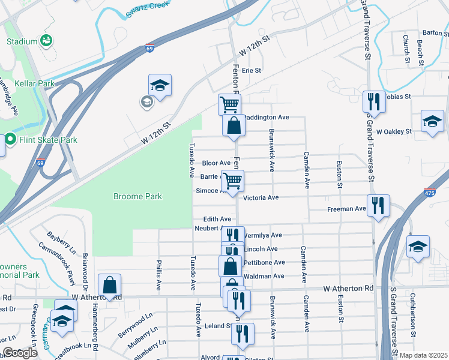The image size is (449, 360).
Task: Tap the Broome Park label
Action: click(138, 196)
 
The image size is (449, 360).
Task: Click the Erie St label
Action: click(252, 70)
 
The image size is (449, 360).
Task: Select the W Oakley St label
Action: click(394, 131)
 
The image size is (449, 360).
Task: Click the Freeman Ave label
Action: click(346, 209)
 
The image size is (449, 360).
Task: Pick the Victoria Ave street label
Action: click(261, 197)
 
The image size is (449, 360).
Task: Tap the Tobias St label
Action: click(397, 96)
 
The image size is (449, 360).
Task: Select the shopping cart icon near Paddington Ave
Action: click(229, 104)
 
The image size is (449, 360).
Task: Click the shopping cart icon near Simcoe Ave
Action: click(232, 179)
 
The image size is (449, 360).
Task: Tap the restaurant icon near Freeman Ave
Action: click(378, 205)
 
